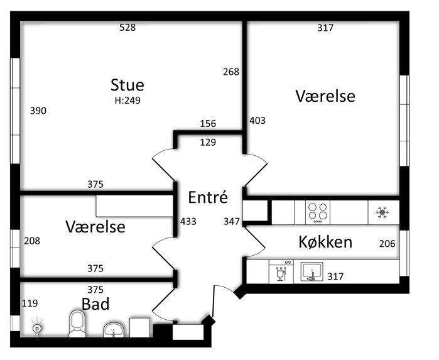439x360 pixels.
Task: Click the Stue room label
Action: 127,85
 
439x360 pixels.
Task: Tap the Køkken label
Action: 325,242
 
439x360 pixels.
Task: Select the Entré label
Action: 208,197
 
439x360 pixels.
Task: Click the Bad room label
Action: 95,304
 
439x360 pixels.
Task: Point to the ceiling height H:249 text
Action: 127,101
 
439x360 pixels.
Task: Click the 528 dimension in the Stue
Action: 127,28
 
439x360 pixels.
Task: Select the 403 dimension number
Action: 257,121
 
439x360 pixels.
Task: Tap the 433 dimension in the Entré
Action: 188,222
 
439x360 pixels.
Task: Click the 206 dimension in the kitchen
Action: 388,244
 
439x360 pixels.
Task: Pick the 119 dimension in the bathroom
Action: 30,303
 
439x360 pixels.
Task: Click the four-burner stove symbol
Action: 318,212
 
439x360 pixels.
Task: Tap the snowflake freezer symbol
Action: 382,212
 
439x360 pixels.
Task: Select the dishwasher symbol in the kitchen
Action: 281,271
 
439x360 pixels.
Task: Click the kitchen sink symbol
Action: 312,271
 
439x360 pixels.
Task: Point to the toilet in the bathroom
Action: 77,324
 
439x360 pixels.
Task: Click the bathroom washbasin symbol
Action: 114,330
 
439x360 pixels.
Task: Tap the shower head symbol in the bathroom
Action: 37,327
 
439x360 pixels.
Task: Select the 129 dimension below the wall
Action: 208,143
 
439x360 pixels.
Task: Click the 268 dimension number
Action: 231,72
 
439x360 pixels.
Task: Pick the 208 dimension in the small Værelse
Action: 32,241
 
